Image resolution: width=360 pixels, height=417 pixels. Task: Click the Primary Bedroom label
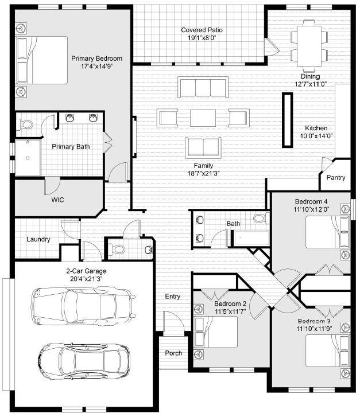96,59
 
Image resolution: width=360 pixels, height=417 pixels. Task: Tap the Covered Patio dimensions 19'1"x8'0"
202,38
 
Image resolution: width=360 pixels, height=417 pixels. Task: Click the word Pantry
336,178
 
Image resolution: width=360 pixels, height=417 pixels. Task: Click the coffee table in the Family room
203,118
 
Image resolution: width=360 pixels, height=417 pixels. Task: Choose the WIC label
57,200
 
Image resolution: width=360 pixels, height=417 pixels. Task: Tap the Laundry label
38,239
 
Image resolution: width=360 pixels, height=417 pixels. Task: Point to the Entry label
172,297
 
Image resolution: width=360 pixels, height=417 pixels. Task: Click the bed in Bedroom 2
216,332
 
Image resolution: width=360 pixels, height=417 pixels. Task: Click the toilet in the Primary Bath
26,124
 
